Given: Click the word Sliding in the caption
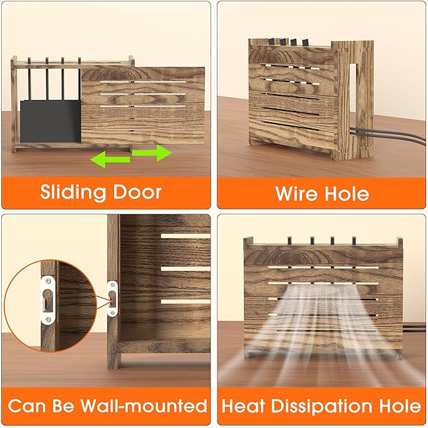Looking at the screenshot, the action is pyautogui.click(x=73, y=193).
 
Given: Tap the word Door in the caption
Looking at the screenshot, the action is pyautogui.click(x=137, y=192).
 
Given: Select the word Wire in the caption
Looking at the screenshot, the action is pyautogui.click(x=296, y=194).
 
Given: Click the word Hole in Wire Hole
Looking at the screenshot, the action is pyautogui.click(x=347, y=194).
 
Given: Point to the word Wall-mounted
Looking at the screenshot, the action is pyautogui.click(x=144, y=405).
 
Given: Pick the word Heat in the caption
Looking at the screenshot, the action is pyautogui.click(x=243, y=406).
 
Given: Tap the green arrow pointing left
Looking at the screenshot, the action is pyautogui.click(x=110, y=159).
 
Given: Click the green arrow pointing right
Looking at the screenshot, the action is pyautogui.click(x=152, y=153).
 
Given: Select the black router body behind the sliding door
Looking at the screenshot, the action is pyautogui.click(x=50, y=121).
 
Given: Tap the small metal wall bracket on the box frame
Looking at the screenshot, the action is pyautogui.click(x=112, y=299).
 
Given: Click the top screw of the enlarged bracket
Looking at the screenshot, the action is pyautogui.click(x=48, y=280).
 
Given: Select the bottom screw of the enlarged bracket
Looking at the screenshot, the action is pyautogui.click(x=48, y=320).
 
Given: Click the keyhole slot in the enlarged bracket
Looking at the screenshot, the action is pyautogui.click(x=48, y=300).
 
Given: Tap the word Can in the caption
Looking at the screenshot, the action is pyautogui.click(x=26, y=406).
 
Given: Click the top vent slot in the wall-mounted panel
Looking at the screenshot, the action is pyautogui.click(x=185, y=236).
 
